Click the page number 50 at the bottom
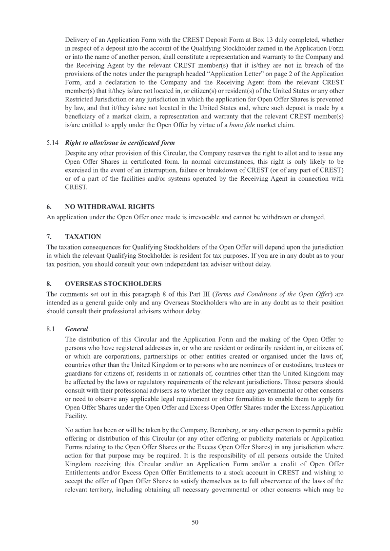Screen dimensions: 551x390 [x=195, y=522]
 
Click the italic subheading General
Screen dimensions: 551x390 [x=77, y=329]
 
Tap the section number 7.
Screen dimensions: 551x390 [x=49, y=237]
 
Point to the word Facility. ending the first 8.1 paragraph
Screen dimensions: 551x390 [x=77, y=418]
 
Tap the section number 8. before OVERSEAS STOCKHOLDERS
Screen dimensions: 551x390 [x=49, y=284]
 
